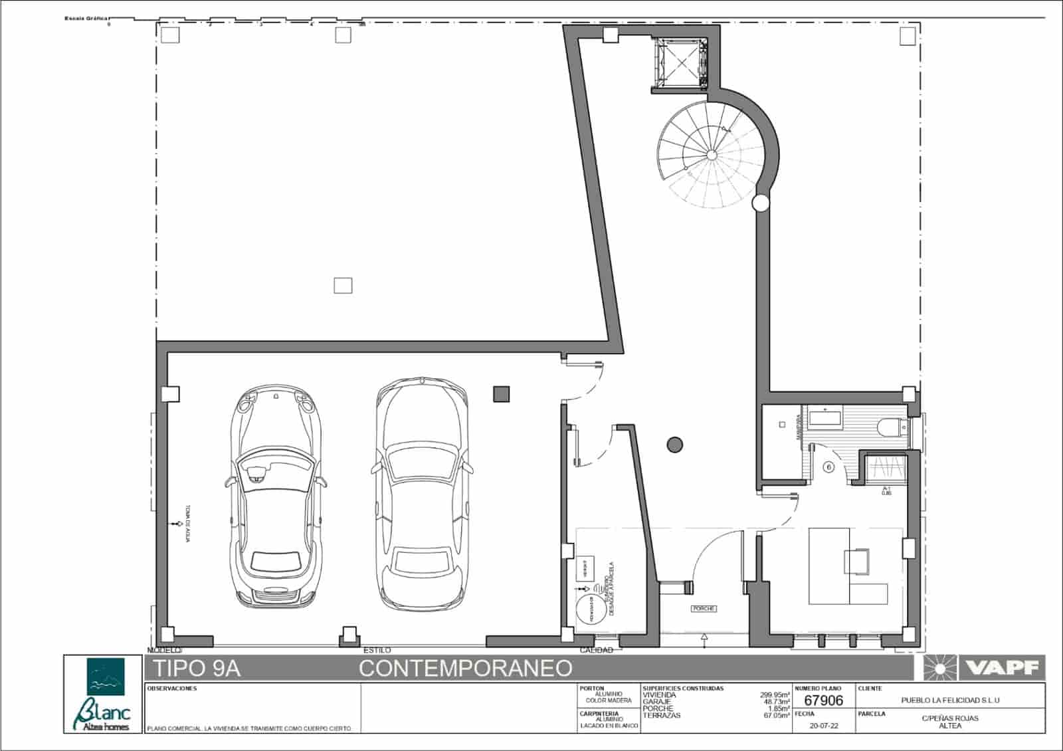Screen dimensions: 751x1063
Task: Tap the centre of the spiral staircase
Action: click(712, 155)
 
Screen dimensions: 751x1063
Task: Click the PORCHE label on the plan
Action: click(704, 608)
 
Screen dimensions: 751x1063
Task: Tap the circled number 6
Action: click(828, 467)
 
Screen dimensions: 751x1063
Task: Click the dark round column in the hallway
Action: click(675, 445)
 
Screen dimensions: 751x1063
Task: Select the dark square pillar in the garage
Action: click(501, 394)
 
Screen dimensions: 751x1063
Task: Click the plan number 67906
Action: click(823, 700)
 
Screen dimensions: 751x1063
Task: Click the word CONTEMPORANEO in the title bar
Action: click(466, 668)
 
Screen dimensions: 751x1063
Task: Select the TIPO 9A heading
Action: click(197, 668)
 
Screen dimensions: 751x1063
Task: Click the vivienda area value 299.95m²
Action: click(775, 695)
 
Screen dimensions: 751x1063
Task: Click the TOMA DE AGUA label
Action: click(187, 523)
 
